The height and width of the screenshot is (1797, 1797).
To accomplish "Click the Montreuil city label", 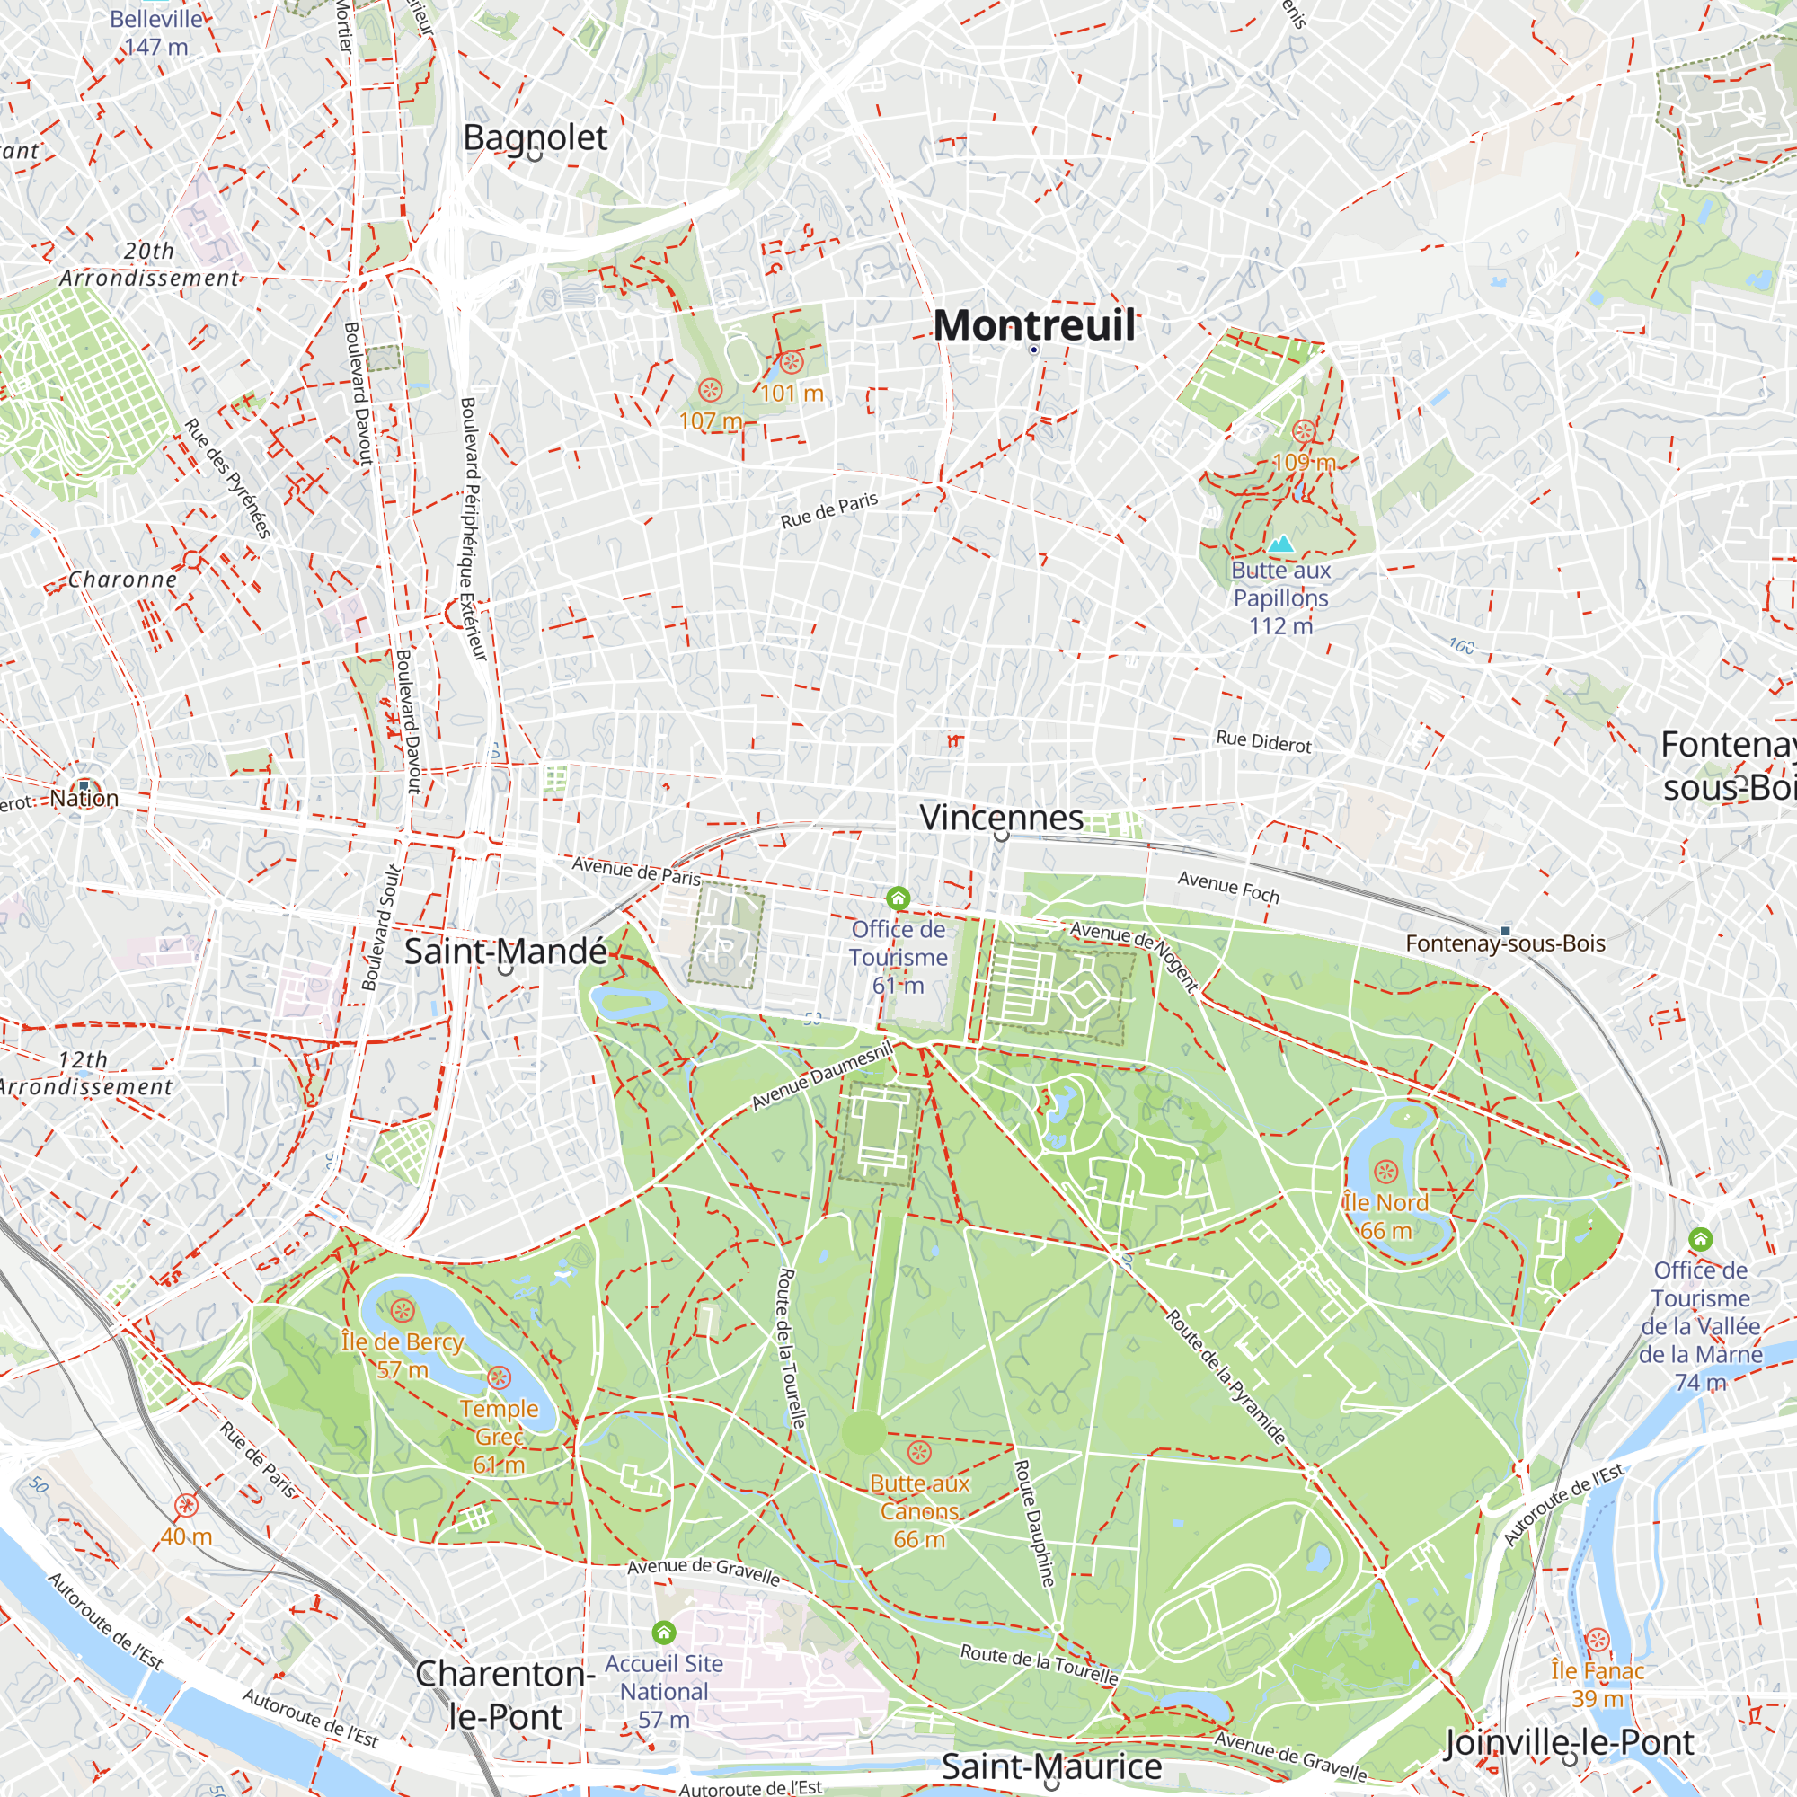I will coord(1033,325).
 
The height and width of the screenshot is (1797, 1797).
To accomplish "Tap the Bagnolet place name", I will coord(535,137).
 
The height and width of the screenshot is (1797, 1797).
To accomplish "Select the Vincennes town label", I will coord(1001,818).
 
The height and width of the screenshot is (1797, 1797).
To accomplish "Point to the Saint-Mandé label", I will coord(505,952).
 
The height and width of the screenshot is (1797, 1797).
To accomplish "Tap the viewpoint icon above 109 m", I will coord(1304,431).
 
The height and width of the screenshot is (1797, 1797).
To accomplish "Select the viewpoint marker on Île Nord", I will coord(1385,1171).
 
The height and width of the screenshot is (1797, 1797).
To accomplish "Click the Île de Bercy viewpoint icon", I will coord(402,1312).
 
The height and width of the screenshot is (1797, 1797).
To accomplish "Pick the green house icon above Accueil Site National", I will coord(663,1633).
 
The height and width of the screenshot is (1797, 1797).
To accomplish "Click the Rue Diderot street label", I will coord(1263,742).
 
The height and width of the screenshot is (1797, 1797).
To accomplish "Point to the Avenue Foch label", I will coord(1227,888).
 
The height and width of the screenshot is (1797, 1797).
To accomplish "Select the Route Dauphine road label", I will coord(1033,1523).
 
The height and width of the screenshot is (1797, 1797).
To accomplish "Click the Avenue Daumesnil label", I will coord(821,1076).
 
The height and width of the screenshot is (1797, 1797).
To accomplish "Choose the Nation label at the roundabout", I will coord(84,798).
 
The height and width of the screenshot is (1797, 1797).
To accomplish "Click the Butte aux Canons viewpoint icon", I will coord(919,1452).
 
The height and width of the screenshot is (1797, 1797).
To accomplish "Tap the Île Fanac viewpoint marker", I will coord(1597,1640).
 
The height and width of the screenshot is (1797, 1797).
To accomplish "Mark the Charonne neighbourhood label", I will coord(122,580).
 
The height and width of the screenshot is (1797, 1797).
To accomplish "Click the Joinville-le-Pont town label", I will coord(1569,1742).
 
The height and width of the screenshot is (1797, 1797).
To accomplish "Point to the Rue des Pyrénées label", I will coord(228,478).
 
